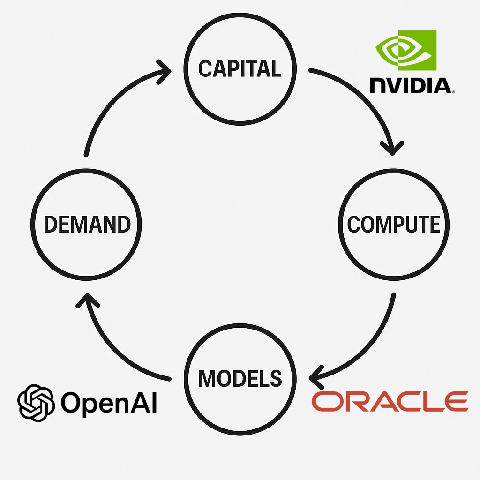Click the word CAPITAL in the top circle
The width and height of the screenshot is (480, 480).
pyautogui.click(x=240, y=69)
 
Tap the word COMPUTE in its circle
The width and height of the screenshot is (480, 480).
pyautogui.click(x=394, y=225)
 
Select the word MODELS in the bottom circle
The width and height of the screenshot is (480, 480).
pyautogui.click(x=240, y=378)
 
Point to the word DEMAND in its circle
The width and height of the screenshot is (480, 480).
pyautogui.click(x=87, y=225)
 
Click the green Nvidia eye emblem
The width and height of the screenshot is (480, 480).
pyautogui.click(x=406, y=51)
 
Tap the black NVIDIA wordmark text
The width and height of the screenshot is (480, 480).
pyautogui.click(x=411, y=85)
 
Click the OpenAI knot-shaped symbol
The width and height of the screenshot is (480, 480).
pyautogui.click(x=37, y=402)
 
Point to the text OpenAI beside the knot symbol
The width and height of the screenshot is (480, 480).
pyautogui.click(x=109, y=403)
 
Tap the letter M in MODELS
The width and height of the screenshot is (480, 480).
pyautogui.click(x=207, y=378)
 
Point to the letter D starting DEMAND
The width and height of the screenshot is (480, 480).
pyautogui.click(x=50, y=225)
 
